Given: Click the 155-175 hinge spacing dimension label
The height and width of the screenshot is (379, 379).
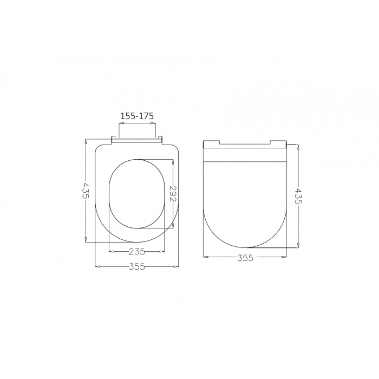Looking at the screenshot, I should point(137,116).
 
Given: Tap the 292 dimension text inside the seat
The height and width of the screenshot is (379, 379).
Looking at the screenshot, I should point(173,194).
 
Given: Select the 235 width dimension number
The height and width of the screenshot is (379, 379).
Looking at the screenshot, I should point(137,251).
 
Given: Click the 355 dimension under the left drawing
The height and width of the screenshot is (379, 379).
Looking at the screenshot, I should point(137,266).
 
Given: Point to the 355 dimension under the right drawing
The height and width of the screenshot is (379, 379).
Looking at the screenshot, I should point(245,258).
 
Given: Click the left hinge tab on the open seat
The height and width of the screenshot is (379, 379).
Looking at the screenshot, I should point(115,140).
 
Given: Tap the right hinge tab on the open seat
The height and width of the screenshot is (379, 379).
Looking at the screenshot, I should point(159,140).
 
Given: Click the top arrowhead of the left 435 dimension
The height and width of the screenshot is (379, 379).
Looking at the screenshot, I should point(86,141).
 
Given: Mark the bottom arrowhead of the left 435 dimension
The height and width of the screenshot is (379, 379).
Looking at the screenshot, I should point(86,240).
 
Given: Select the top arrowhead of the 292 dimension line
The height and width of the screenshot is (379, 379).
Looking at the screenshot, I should point(173,161).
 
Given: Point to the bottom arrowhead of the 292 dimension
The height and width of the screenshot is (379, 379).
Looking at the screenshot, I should point(173,226).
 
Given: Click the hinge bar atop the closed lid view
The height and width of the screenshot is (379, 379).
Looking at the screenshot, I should point(245,144).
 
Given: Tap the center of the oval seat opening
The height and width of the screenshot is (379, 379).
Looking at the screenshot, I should point(137,193).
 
